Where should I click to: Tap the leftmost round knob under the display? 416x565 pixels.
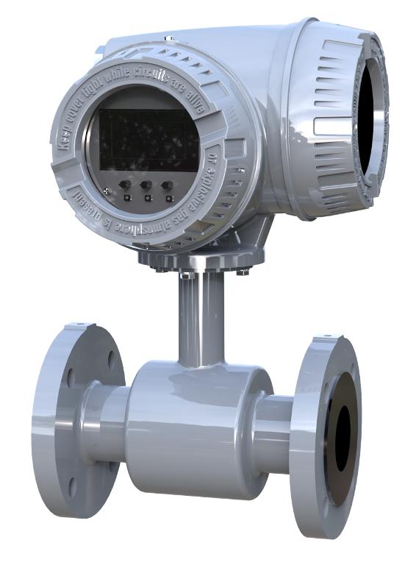pos(126,185)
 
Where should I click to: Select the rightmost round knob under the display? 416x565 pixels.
pos(168,185)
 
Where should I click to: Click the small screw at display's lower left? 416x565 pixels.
pos(108,192)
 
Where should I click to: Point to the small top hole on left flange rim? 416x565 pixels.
pos(76,324)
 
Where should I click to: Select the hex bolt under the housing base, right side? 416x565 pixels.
pos(243,271)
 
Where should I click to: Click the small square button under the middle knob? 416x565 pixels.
pos(148,198)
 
